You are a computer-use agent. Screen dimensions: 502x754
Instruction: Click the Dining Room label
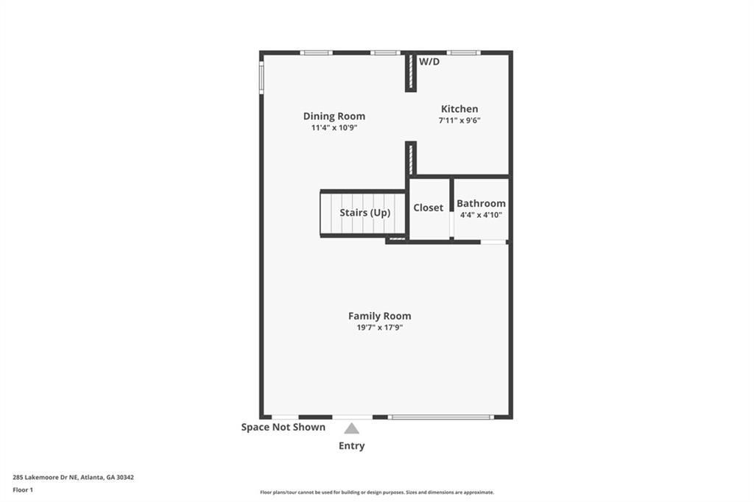334,116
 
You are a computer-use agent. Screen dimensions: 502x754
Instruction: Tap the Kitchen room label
459,109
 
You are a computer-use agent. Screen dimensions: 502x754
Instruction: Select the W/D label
429,62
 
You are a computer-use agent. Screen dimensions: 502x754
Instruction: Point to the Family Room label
379,316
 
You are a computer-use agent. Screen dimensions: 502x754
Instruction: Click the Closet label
428,208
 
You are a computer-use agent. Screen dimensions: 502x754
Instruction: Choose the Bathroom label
481,203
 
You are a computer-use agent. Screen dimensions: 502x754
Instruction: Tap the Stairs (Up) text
364,213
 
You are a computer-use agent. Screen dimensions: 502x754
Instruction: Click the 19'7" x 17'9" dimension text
379,328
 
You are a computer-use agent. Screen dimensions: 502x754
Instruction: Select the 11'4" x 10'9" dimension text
334,128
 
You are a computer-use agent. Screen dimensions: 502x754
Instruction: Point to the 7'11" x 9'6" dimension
459,121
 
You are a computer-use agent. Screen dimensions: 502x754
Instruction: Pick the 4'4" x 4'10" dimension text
481,215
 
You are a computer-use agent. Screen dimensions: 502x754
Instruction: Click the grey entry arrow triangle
352,428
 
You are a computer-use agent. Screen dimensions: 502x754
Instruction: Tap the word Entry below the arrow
351,446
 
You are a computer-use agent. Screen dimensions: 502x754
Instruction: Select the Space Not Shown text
283,427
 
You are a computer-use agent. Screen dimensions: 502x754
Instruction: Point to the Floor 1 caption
23,489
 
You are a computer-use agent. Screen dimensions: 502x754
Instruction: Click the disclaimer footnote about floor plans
377,492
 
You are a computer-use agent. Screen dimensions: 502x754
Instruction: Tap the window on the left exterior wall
261,77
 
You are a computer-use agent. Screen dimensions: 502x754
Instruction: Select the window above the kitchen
464,52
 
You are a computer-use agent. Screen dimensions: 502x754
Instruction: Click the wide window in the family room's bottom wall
440,417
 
